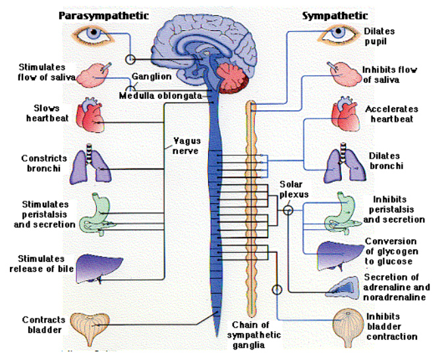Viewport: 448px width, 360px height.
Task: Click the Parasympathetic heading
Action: click(x=103, y=15)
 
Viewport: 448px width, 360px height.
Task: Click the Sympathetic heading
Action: click(x=335, y=15)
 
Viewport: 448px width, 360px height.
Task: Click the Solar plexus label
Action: click(x=291, y=190)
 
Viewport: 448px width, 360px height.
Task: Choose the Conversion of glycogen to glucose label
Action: click(x=391, y=250)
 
